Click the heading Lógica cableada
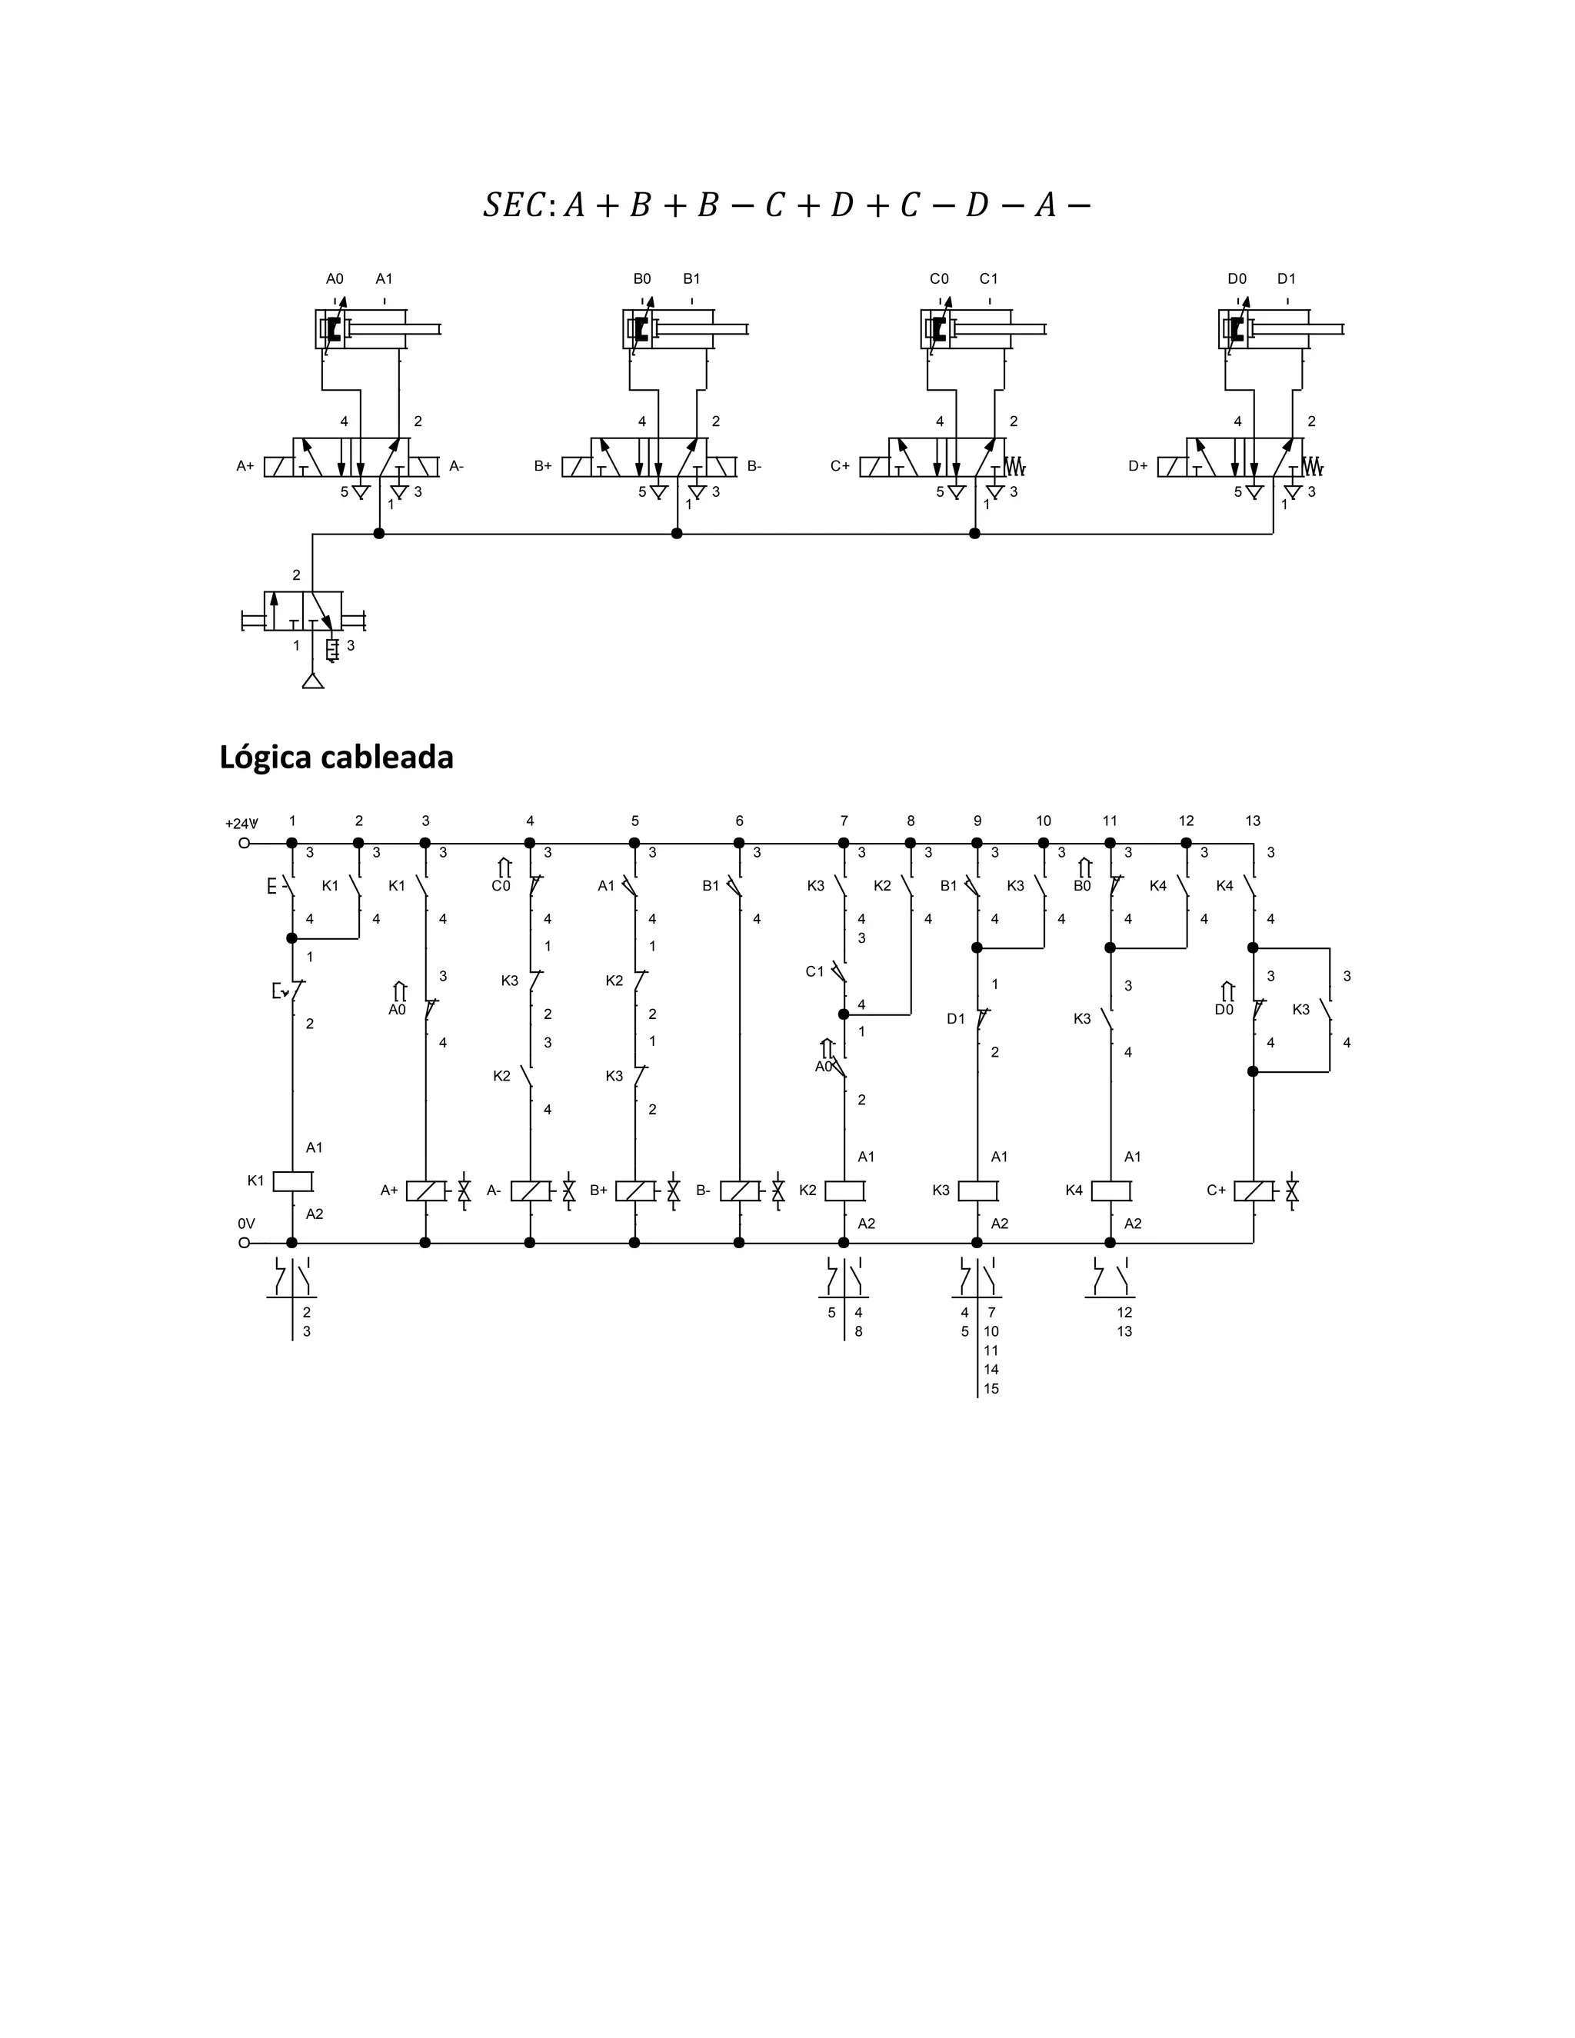[336, 757]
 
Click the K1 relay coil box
[292, 1181]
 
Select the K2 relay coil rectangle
[845, 1190]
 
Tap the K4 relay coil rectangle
[1111, 1190]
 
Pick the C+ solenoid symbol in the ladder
[1253, 1190]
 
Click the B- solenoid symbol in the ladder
[739, 1190]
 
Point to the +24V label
[241, 823]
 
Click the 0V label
[246, 1223]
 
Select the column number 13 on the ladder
[1252, 821]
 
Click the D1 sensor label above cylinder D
[1286, 278]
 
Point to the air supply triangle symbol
[312, 681]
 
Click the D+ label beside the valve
[1137, 465]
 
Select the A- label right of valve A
[456, 465]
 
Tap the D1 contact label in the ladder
[955, 1018]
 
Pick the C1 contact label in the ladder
[814, 971]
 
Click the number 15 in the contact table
[991, 1388]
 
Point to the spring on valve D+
[1313, 465]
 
